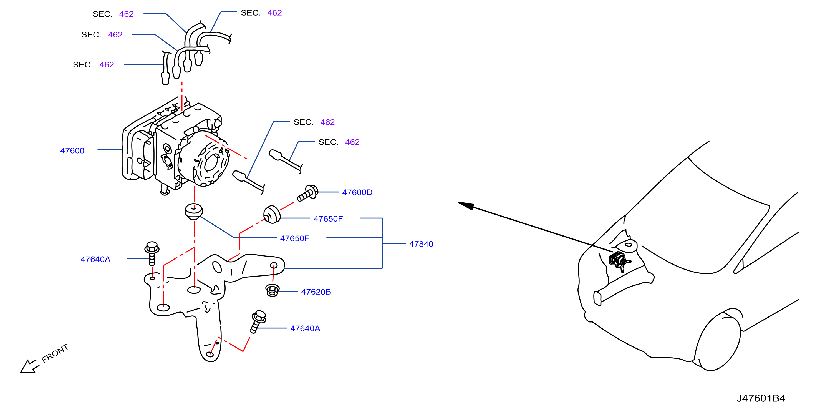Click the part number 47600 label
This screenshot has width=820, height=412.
(72, 150)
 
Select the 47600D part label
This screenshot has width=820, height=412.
(357, 192)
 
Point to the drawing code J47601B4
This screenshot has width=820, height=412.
(761, 398)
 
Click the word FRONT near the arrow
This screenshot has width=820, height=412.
(55, 353)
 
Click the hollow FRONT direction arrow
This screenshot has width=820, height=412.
(29, 366)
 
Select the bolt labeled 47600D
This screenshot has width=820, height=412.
(307, 193)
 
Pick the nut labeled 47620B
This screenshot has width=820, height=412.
(272, 290)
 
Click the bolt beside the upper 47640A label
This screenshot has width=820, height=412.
(152, 253)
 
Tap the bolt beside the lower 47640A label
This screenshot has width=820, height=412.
(258, 321)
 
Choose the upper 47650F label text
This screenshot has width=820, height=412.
(328, 219)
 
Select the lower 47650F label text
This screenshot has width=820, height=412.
(294, 238)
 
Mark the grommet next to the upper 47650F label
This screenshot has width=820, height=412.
(272, 215)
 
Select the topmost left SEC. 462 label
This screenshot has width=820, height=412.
(113, 14)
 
